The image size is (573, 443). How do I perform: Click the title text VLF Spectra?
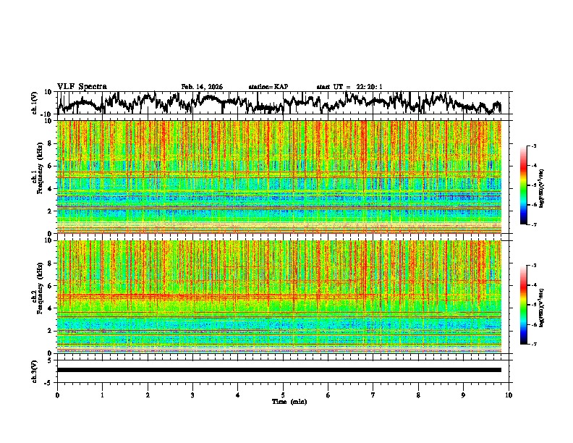point(82,86)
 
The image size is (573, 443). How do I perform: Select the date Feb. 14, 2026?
point(202,87)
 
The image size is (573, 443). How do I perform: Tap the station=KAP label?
point(268,87)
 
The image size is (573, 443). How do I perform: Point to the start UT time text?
point(349,87)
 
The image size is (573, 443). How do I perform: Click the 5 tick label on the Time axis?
point(283,395)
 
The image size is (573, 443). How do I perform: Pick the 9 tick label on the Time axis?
point(464,395)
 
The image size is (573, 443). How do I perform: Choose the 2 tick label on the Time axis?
point(148,395)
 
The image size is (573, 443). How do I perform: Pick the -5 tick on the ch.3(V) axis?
point(48,381)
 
